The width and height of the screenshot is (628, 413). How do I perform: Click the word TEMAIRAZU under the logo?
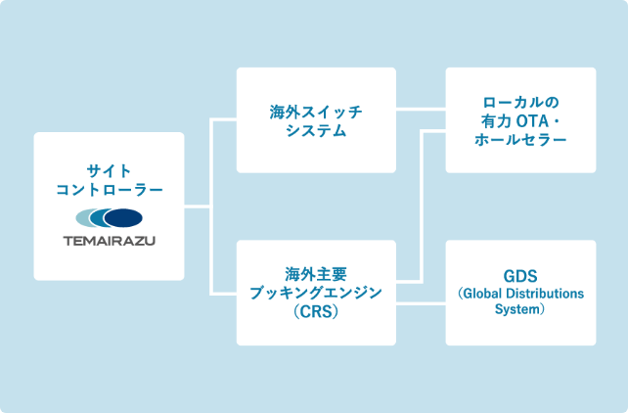coord(109,239)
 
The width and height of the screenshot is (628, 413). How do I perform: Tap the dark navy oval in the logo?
coord(123,217)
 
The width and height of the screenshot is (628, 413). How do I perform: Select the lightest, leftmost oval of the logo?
coord(88,217)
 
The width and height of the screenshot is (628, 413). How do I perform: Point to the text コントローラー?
coord(109,189)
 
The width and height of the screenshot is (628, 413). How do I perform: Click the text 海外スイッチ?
coord(316,111)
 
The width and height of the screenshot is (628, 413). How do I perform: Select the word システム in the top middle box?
coord(316,130)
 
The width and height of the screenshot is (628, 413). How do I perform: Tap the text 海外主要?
coord(316,272)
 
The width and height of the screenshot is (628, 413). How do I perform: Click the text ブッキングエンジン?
coord(316,292)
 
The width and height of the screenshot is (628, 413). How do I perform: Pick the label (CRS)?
coord(316,311)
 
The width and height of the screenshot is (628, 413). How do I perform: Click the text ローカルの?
coord(520,101)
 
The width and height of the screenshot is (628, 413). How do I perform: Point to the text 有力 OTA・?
coord(520,120)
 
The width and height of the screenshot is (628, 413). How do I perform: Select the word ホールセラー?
coord(520,140)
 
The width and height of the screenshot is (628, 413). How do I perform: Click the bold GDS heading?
coord(520,274)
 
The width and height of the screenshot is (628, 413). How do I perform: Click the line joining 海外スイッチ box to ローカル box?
coord(421,109)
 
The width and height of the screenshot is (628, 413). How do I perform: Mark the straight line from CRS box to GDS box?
coord(421,304)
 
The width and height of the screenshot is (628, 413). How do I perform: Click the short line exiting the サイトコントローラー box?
coord(198,206)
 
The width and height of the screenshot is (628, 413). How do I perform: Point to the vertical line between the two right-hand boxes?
coord(421,206)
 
